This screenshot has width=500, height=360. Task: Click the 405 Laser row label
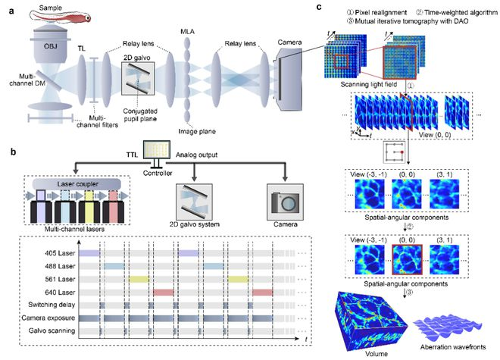coord(55,252)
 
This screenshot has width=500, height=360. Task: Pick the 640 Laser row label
coord(55,292)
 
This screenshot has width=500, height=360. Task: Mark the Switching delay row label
coord(48,305)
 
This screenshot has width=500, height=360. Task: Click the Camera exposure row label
coord(46,319)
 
